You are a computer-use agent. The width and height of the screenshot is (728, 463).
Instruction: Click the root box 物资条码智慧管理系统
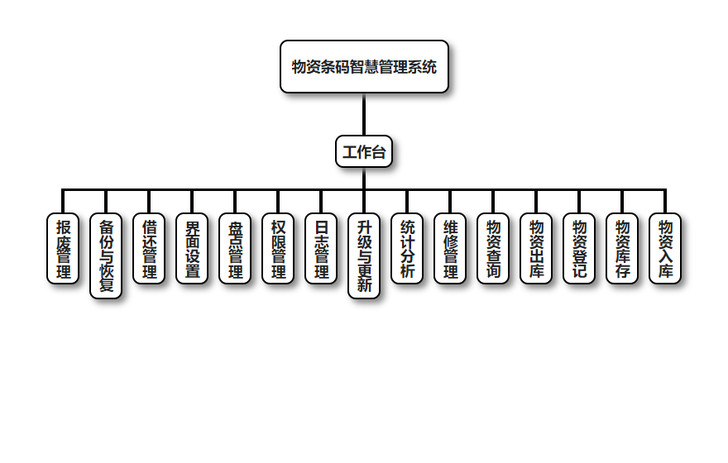click(x=364, y=67)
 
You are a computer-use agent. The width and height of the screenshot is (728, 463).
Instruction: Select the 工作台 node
click(x=364, y=152)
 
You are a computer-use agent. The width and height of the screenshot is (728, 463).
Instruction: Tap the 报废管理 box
click(x=63, y=249)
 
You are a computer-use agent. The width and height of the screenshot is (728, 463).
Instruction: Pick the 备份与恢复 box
click(x=106, y=256)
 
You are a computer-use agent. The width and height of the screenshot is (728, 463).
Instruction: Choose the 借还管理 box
click(x=149, y=249)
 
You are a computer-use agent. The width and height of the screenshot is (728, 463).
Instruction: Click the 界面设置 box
click(x=192, y=249)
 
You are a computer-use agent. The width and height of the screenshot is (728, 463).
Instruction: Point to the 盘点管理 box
click(x=235, y=249)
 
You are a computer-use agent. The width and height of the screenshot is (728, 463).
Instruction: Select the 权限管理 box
click(x=278, y=249)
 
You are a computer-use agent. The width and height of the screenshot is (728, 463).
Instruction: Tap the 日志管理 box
click(x=321, y=249)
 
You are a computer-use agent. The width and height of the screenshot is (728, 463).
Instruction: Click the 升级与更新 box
click(x=364, y=256)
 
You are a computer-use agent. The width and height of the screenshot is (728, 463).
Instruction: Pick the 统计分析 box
click(x=407, y=249)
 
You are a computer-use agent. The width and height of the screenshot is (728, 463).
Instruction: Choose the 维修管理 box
click(x=450, y=249)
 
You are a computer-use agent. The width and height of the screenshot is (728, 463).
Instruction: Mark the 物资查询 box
click(x=493, y=249)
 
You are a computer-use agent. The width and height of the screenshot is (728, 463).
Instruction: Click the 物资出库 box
click(x=536, y=249)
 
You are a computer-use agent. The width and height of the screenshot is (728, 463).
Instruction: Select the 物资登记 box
click(x=579, y=249)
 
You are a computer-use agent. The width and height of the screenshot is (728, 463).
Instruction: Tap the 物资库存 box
click(x=622, y=249)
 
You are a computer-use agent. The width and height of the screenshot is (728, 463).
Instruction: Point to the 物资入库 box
click(x=665, y=249)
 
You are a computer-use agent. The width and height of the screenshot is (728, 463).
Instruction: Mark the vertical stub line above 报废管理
click(x=63, y=202)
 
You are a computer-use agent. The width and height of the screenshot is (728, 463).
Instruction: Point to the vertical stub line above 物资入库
click(x=665, y=202)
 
